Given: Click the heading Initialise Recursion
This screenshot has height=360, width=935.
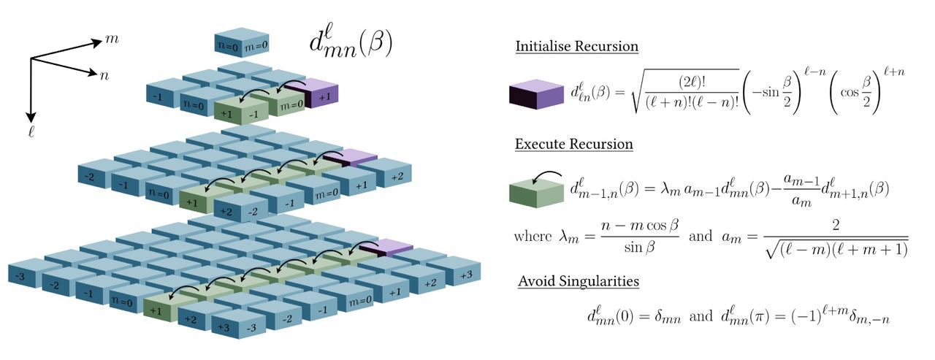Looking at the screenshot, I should tap(577, 46).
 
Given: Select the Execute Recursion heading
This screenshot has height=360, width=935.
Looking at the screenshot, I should tap(574, 144).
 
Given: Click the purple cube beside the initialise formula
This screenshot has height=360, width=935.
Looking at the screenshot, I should tap(535, 95).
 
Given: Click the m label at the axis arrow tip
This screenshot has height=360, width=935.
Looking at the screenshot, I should tap(112, 37).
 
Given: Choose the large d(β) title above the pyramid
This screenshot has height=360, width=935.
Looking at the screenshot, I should tap(351, 45).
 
